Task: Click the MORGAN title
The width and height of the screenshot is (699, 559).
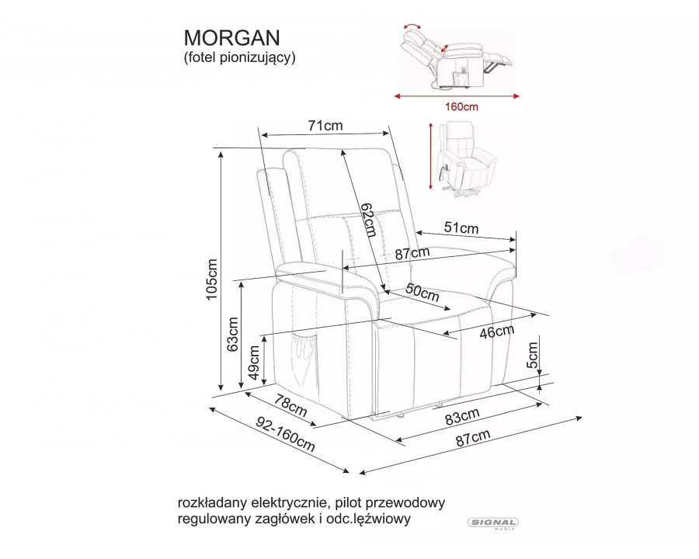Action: click(231, 38)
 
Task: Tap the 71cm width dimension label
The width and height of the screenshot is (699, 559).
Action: click(325, 126)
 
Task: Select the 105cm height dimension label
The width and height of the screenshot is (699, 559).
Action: click(211, 279)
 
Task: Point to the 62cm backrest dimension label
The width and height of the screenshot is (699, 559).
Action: click(369, 219)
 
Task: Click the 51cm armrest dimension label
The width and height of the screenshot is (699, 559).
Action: click(461, 227)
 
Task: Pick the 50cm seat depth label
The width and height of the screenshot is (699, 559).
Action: click(423, 293)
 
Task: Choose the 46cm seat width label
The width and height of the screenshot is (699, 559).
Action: click(497, 332)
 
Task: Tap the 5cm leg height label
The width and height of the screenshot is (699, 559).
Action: click(532, 356)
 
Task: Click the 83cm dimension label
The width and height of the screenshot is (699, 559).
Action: click(462, 416)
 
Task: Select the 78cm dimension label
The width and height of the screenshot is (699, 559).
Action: click(290, 405)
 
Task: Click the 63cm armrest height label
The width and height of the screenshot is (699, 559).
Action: click(233, 335)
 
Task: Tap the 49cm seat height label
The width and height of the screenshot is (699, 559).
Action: click(254, 363)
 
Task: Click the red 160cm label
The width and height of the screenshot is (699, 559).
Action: click(461, 107)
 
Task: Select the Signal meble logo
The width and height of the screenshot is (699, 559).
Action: click(493, 523)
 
